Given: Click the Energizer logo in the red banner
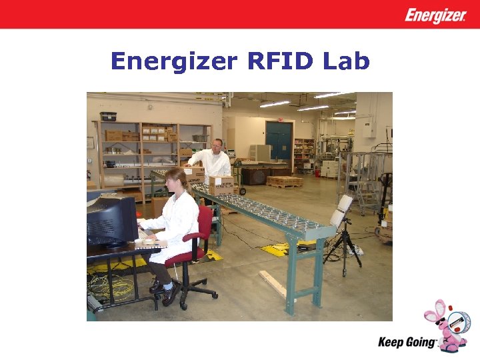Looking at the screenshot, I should pyautogui.click(x=435, y=15).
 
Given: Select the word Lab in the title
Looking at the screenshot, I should pyautogui.click(x=345, y=61).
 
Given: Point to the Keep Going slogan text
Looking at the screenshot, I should pyautogui.click(x=407, y=342).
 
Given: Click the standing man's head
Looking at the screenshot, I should pyautogui.click(x=217, y=145).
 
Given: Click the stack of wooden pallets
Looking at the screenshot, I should pyautogui.click(x=284, y=181).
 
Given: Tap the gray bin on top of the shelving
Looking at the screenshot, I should pyautogui.click(x=108, y=116).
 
